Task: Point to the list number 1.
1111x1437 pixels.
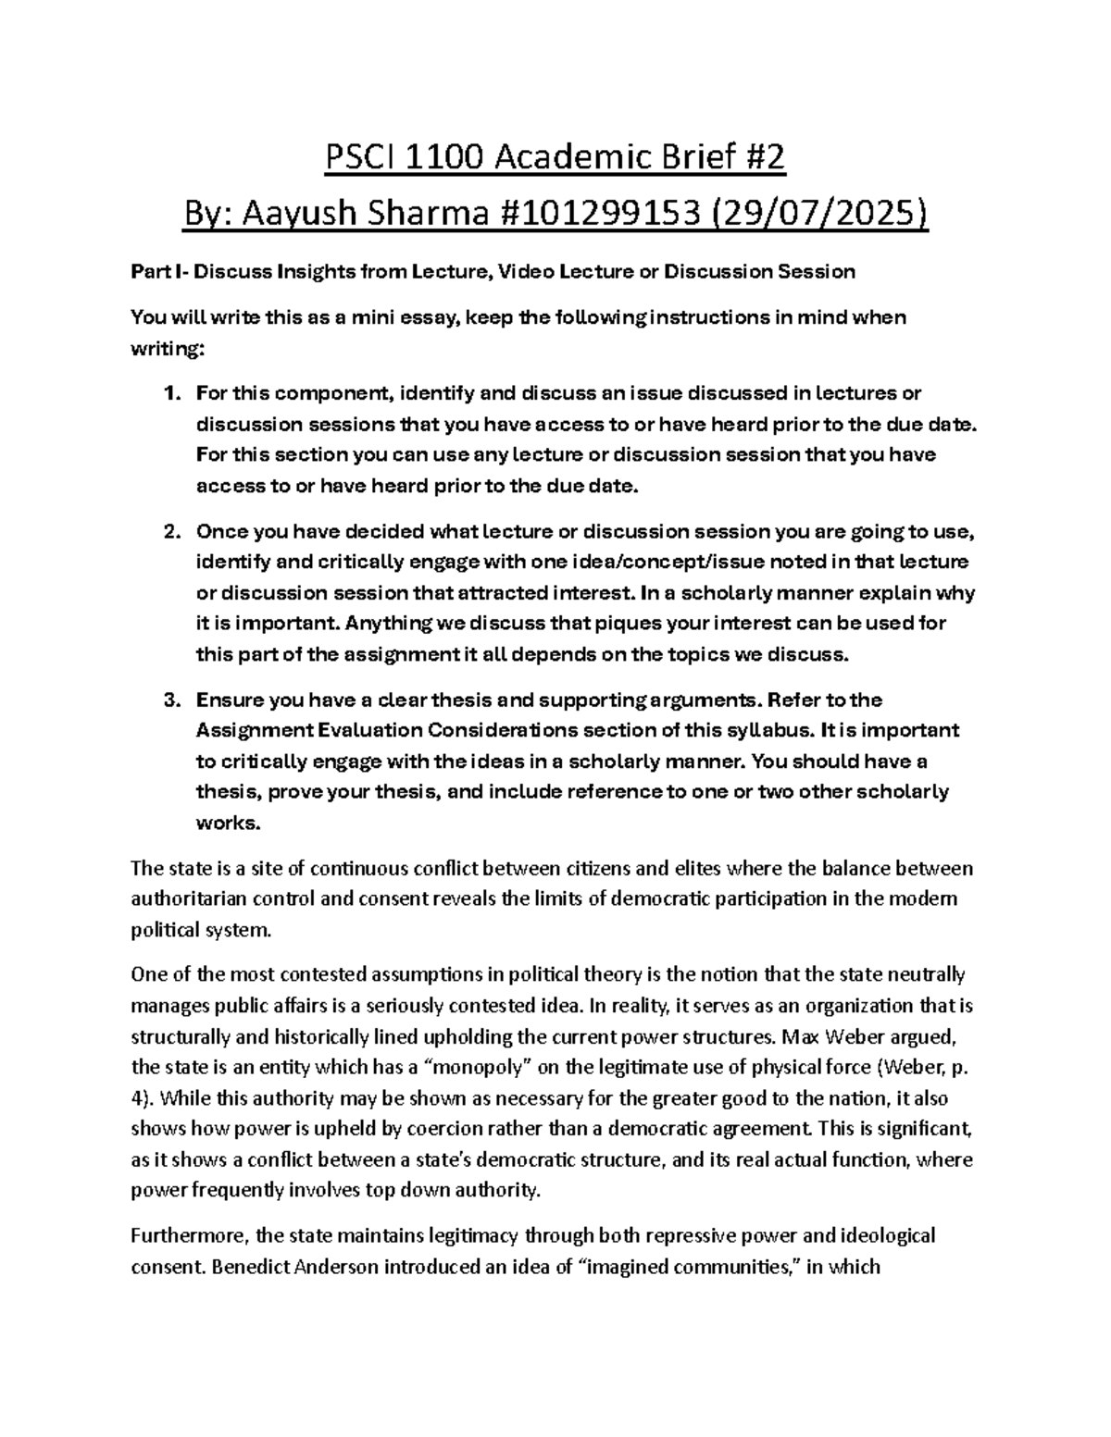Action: (x=169, y=393)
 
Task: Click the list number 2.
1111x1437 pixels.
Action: (x=169, y=532)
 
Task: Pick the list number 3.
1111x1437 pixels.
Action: (x=169, y=700)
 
